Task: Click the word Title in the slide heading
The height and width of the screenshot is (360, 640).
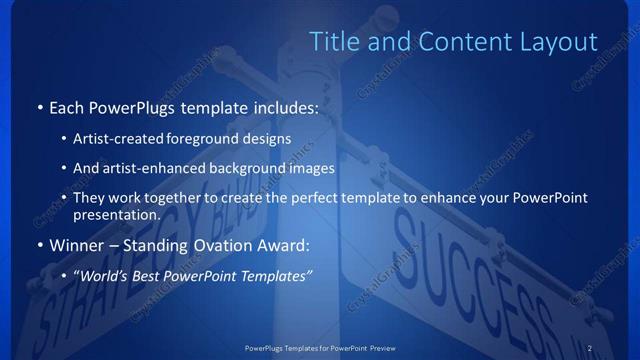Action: pyautogui.click(x=332, y=41)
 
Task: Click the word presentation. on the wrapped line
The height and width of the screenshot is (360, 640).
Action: pyautogui.click(x=117, y=214)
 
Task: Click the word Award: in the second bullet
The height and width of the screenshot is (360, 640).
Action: pyautogui.click(x=284, y=244)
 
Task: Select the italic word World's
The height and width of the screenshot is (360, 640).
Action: pyautogui.click(x=107, y=274)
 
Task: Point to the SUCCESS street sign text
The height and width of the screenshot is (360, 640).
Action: pyautogui.click(x=470, y=280)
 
